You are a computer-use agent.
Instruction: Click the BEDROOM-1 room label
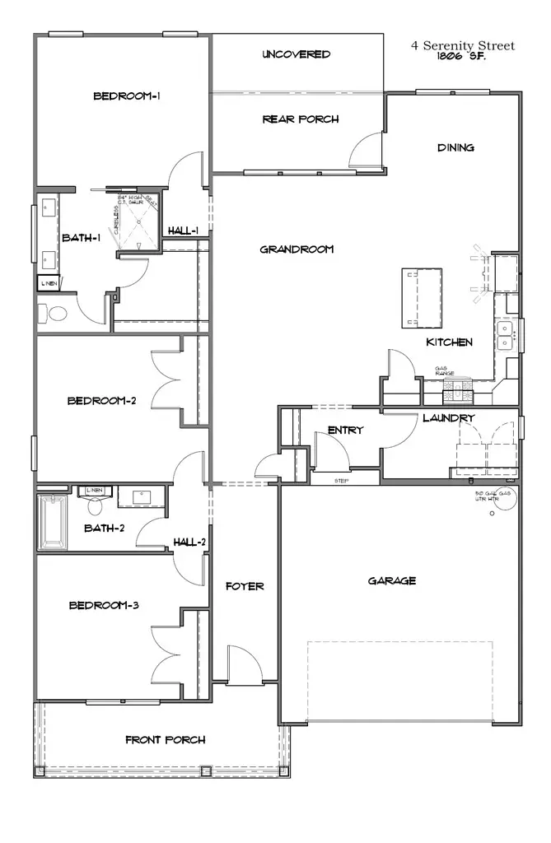[x=126, y=96]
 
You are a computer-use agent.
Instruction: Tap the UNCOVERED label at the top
[x=297, y=54]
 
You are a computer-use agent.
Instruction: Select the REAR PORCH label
[x=301, y=119]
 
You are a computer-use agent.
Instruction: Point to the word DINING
[x=455, y=148]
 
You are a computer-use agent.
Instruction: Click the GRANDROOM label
[x=297, y=249]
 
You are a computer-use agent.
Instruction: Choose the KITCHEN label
[x=449, y=342]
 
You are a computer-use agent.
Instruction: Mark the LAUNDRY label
[x=449, y=418]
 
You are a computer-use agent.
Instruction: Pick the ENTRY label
[x=345, y=431]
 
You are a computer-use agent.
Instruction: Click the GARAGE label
[x=391, y=580]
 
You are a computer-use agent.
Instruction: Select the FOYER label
[x=245, y=586]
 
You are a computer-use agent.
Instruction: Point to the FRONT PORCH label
[x=166, y=739]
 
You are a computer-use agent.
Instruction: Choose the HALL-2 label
[x=189, y=542]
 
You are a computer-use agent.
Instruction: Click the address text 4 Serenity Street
[x=463, y=46]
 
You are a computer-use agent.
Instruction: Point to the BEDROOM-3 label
[x=103, y=605]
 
